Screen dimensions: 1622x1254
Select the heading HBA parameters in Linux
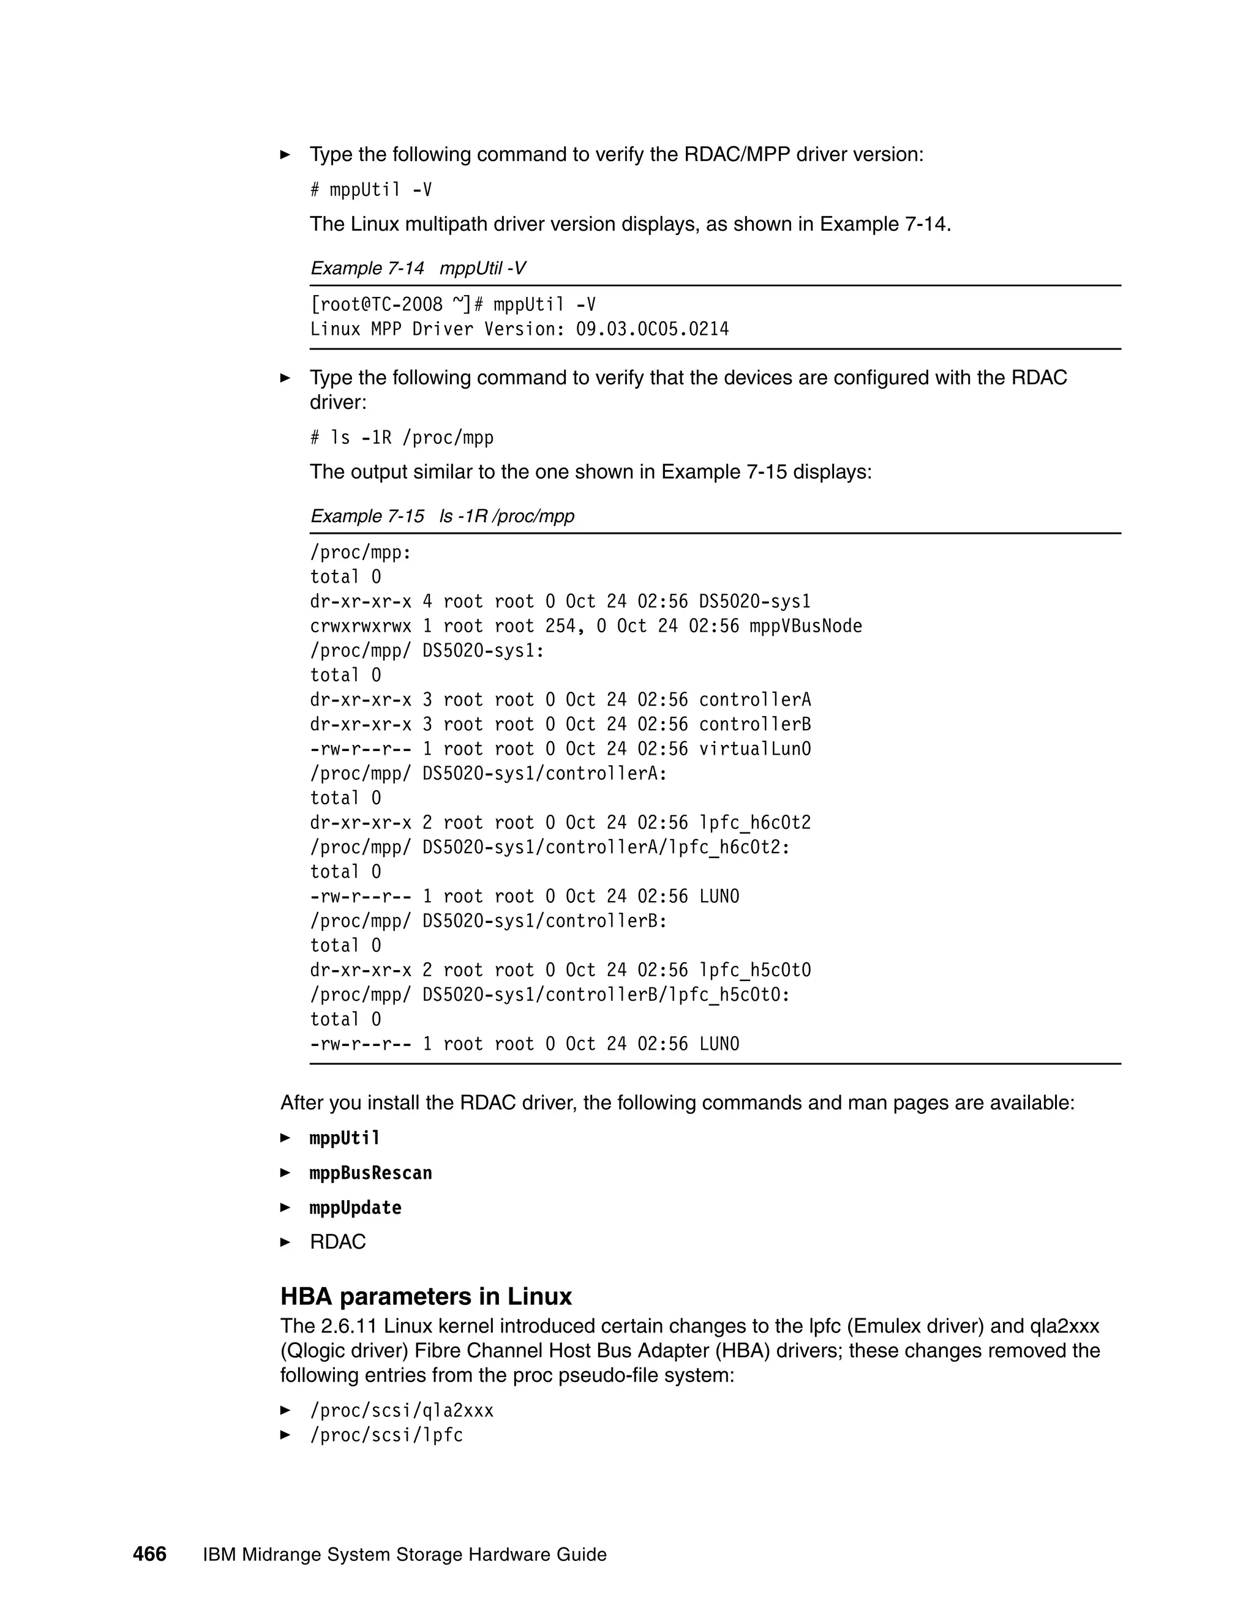[426, 1296]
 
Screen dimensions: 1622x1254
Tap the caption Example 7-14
[367, 268]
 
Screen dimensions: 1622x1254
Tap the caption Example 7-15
[367, 516]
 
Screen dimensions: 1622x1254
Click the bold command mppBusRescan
[370, 1173]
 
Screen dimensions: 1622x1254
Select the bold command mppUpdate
[355, 1208]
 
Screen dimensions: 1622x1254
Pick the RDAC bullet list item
[337, 1242]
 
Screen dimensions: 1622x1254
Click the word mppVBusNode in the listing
[805, 626]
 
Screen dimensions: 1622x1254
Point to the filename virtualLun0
[755, 749]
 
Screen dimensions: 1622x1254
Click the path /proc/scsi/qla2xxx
[401, 1410]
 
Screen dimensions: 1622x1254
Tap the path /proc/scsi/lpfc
[386, 1435]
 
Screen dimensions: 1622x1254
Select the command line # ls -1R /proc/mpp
[401, 438]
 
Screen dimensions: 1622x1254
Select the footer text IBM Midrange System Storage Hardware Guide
[404, 1555]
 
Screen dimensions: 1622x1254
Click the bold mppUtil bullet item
[345, 1138]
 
